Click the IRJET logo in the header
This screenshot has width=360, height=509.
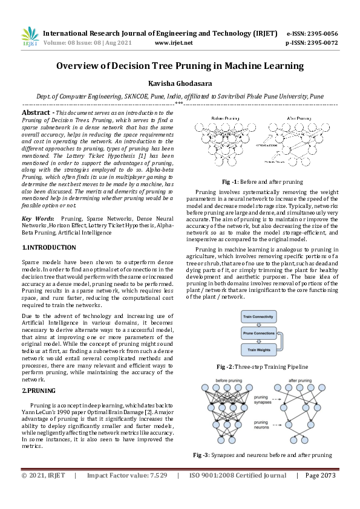30,37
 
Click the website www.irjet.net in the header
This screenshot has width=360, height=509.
174,43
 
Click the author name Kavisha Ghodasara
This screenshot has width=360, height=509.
180,83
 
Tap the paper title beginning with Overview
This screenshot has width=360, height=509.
180,66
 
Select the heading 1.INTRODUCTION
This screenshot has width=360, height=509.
49,248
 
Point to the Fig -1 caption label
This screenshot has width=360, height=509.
232,181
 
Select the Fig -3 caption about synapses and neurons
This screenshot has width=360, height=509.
263,455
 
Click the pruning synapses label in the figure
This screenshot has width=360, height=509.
261,400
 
